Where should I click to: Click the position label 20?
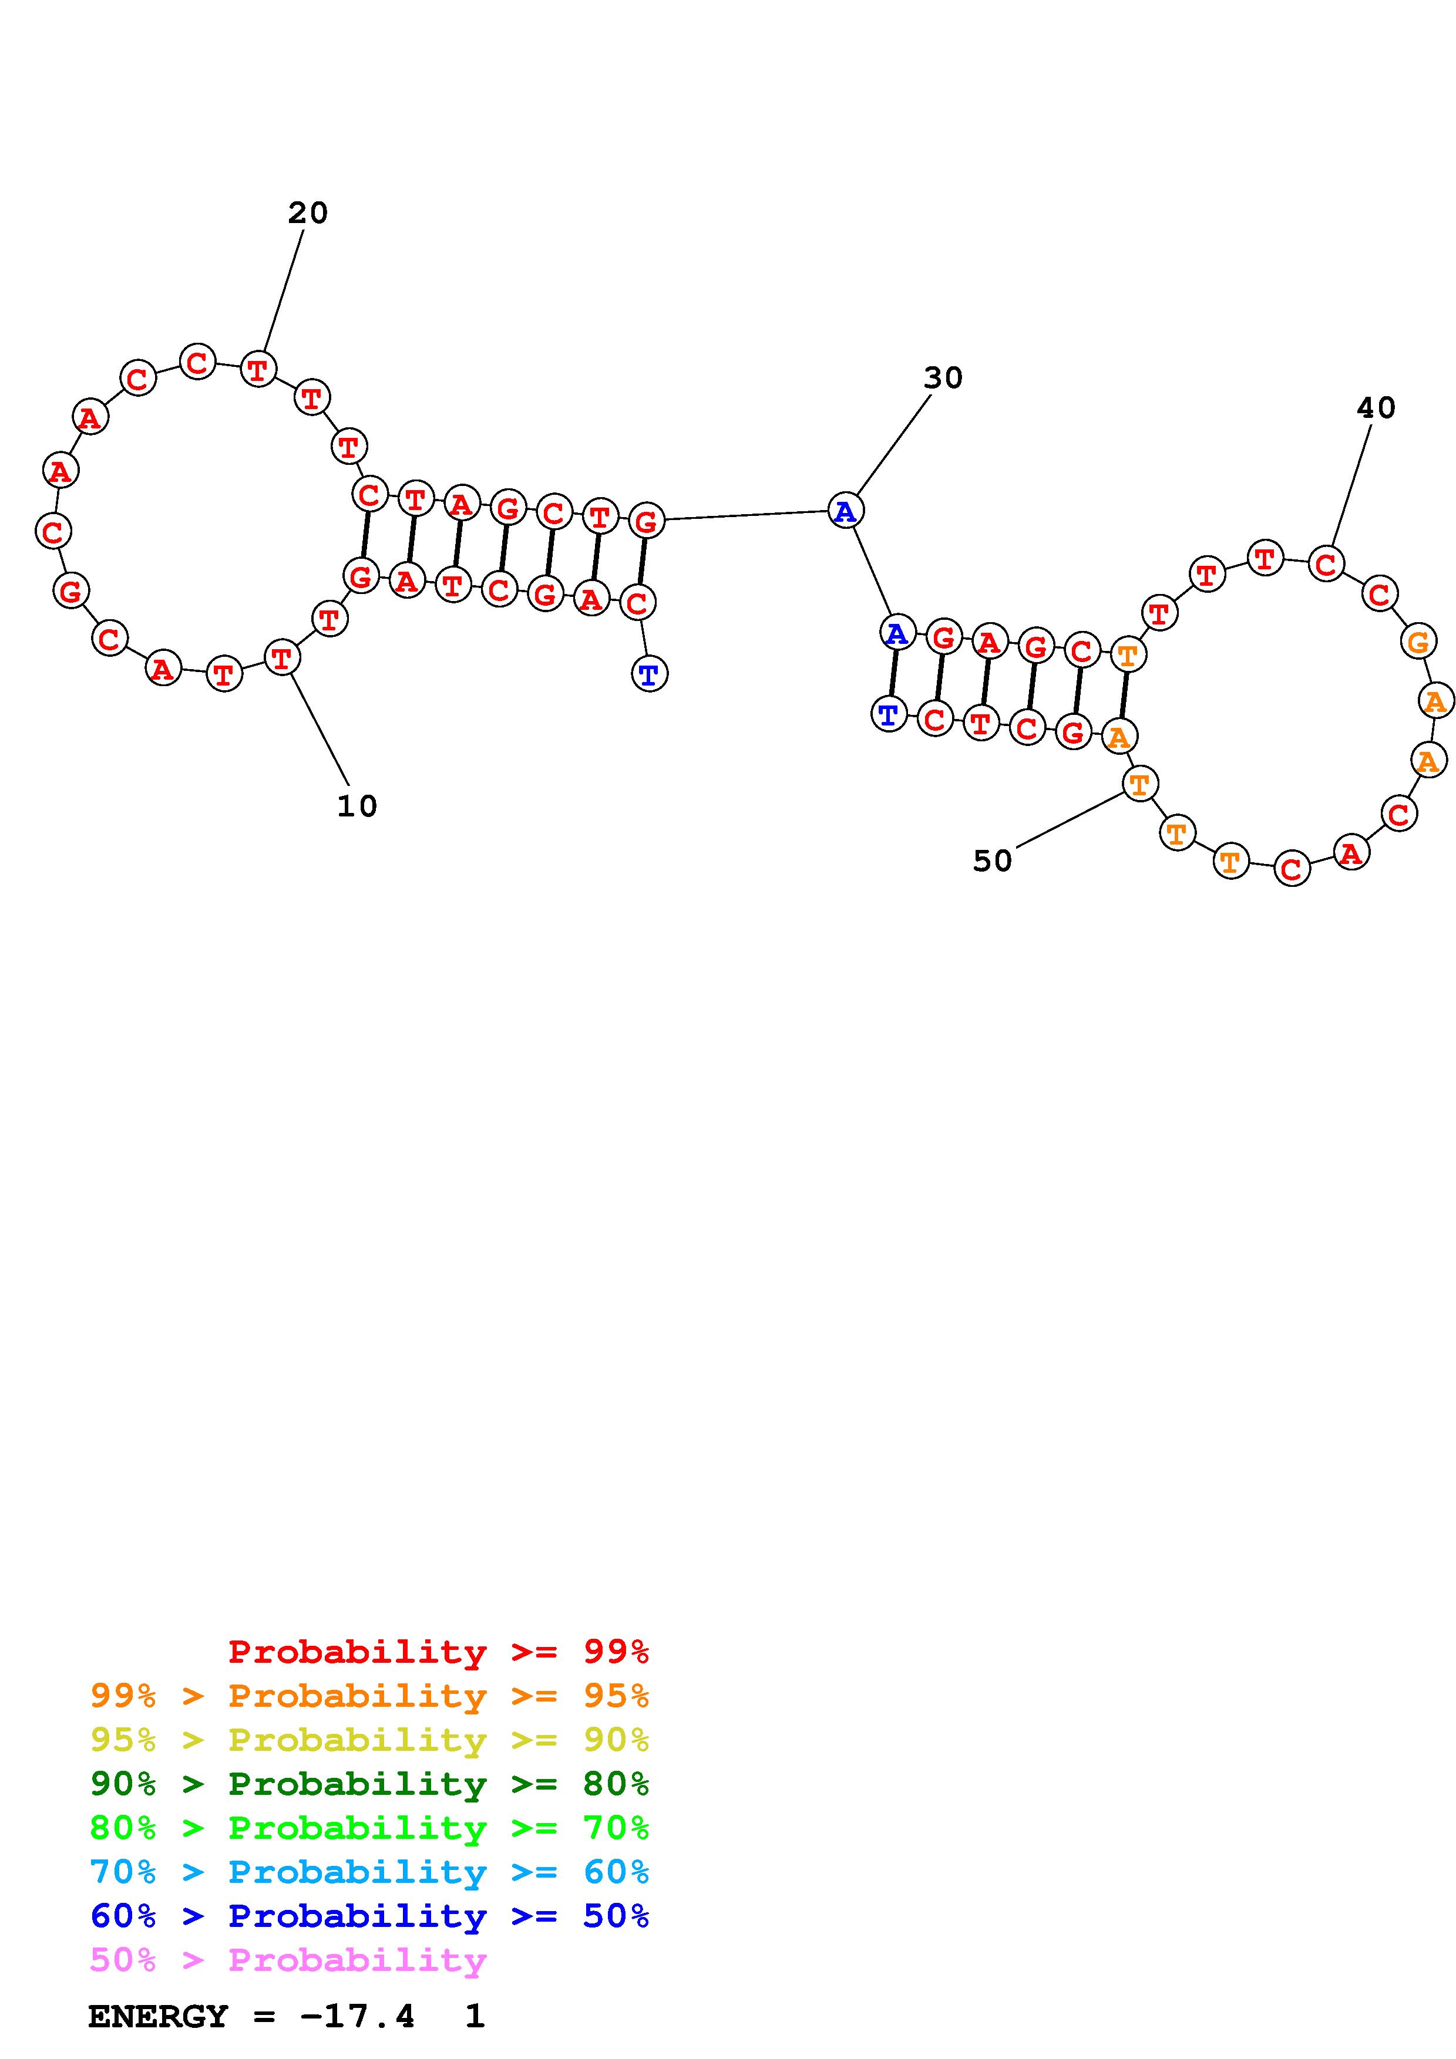coord(308,214)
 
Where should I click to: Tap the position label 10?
coord(357,806)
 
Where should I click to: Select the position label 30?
coord(943,379)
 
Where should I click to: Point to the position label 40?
coord(1376,409)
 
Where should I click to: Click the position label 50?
coord(992,862)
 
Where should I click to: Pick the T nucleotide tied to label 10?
coord(282,657)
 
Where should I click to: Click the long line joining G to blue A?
coord(745,516)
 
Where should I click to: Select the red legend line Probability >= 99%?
coord(439,1651)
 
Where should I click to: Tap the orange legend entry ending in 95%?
coord(369,1696)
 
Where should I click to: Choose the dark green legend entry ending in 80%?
coord(369,1784)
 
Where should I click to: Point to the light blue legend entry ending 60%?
coord(369,1872)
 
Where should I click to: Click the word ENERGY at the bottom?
coord(158,2017)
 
